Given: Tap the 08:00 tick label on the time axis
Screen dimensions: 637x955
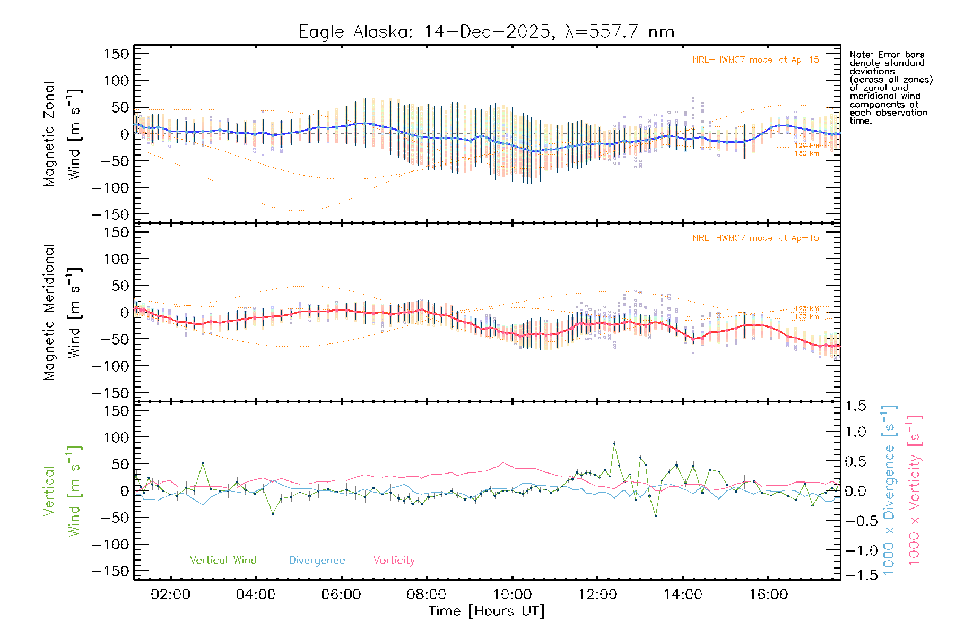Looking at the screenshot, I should [x=427, y=595].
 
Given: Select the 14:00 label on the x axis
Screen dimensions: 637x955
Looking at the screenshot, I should [x=683, y=595].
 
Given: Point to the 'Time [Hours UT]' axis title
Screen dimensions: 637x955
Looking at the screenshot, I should [x=486, y=612].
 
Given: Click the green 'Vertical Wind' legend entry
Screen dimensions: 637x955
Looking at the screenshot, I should [x=223, y=561].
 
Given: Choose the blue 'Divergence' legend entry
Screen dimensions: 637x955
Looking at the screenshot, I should [x=317, y=561].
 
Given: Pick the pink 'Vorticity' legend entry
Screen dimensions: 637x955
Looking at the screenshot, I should [x=394, y=561].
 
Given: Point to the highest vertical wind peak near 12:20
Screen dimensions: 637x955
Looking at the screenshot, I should [x=614, y=443].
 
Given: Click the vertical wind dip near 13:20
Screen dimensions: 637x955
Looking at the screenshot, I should [x=656, y=515].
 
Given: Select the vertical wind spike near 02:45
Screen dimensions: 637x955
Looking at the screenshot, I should [x=202, y=463].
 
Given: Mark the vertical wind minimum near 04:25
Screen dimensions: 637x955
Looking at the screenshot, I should [x=273, y=513].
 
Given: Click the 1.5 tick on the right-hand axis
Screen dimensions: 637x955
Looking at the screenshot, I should [x=855, y=406].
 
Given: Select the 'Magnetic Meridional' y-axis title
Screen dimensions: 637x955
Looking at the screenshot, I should [x=49, y=313].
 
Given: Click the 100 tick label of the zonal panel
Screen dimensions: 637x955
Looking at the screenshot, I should [x=117, y=81].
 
